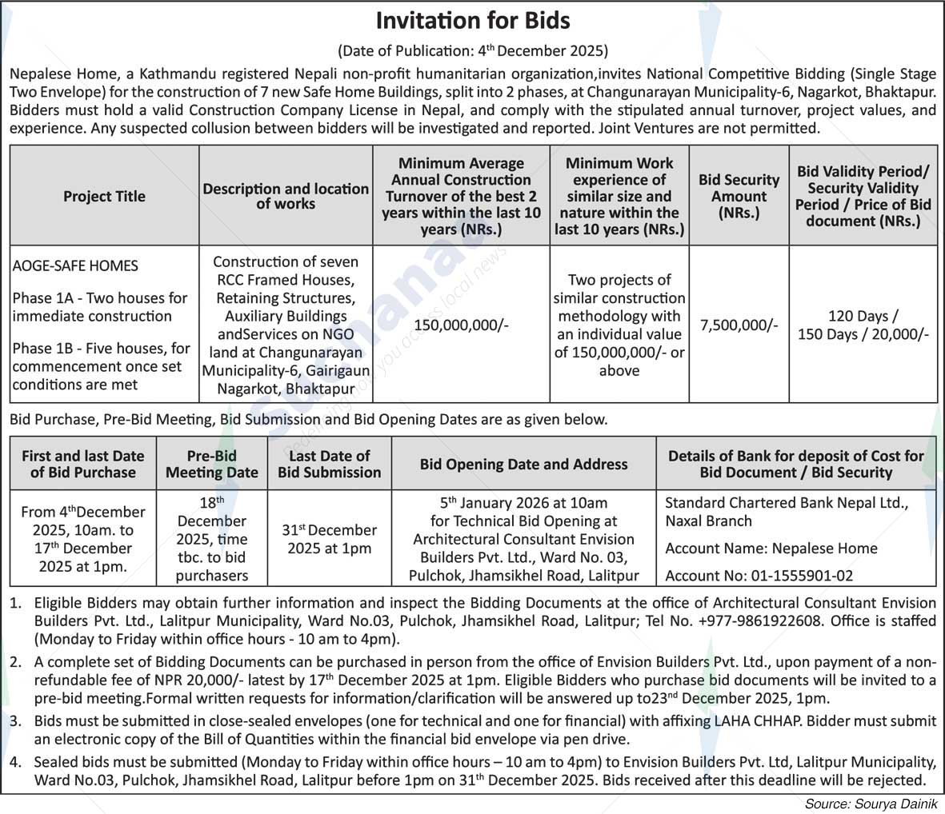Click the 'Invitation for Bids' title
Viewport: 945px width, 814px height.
coord(472,20)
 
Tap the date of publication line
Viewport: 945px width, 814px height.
coord(472,50)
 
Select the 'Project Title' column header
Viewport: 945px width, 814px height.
coord(104,197)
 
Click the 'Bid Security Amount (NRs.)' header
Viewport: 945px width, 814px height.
coord(739,197)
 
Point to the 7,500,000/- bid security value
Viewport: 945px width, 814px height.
coord(739,325)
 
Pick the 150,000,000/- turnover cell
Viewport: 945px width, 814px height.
coord(461,325)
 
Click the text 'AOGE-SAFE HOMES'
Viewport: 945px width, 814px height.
coord(75,265)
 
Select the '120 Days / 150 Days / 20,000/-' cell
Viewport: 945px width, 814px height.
coord(863,325)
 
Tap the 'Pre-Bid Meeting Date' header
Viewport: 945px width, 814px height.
coord(212,464)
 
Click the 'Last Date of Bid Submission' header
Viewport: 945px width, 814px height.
coord(329,464)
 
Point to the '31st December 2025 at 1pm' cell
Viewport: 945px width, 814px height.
coord(329,539)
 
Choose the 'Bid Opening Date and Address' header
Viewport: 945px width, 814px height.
coord(523,464)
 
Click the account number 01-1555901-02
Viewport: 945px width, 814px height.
coord(801,576)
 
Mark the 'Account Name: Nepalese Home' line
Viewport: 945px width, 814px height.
coord(771,549)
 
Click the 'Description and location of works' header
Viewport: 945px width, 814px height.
coord(286,197)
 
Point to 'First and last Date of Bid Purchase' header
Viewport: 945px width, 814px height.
coord(83,464)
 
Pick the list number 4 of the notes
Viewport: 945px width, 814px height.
coord(16,761)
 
